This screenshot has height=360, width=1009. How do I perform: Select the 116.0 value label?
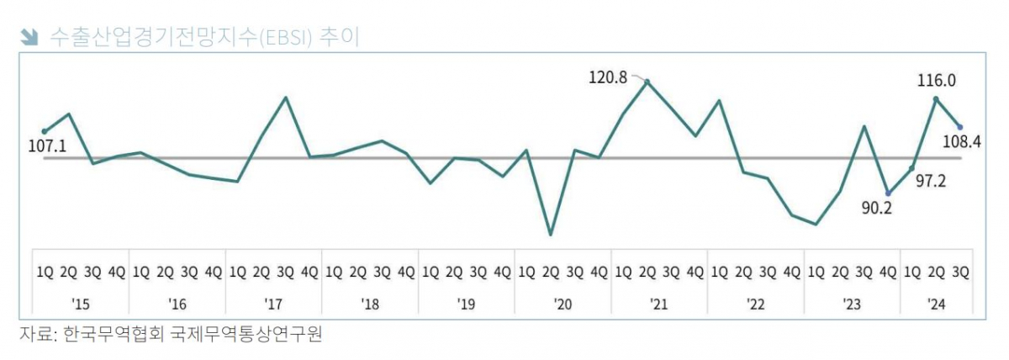[936, 81]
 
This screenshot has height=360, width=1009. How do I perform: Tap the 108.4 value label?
[964, 142]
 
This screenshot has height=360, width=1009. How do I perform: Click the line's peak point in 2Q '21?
[647, 82]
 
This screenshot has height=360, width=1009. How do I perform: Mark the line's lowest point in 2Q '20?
[551, 235]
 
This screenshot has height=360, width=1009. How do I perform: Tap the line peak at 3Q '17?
[286, 98]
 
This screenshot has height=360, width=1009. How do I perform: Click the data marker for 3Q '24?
[960, 127]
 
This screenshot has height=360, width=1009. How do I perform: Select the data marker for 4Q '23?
[888, 193]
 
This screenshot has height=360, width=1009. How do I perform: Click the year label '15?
[81, 303]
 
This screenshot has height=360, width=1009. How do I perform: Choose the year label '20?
[563, 303]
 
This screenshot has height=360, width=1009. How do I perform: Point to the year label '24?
[936, 303]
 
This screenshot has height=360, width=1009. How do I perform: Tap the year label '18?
[370, 303]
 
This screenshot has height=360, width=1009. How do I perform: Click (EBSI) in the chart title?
[279, 37]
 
